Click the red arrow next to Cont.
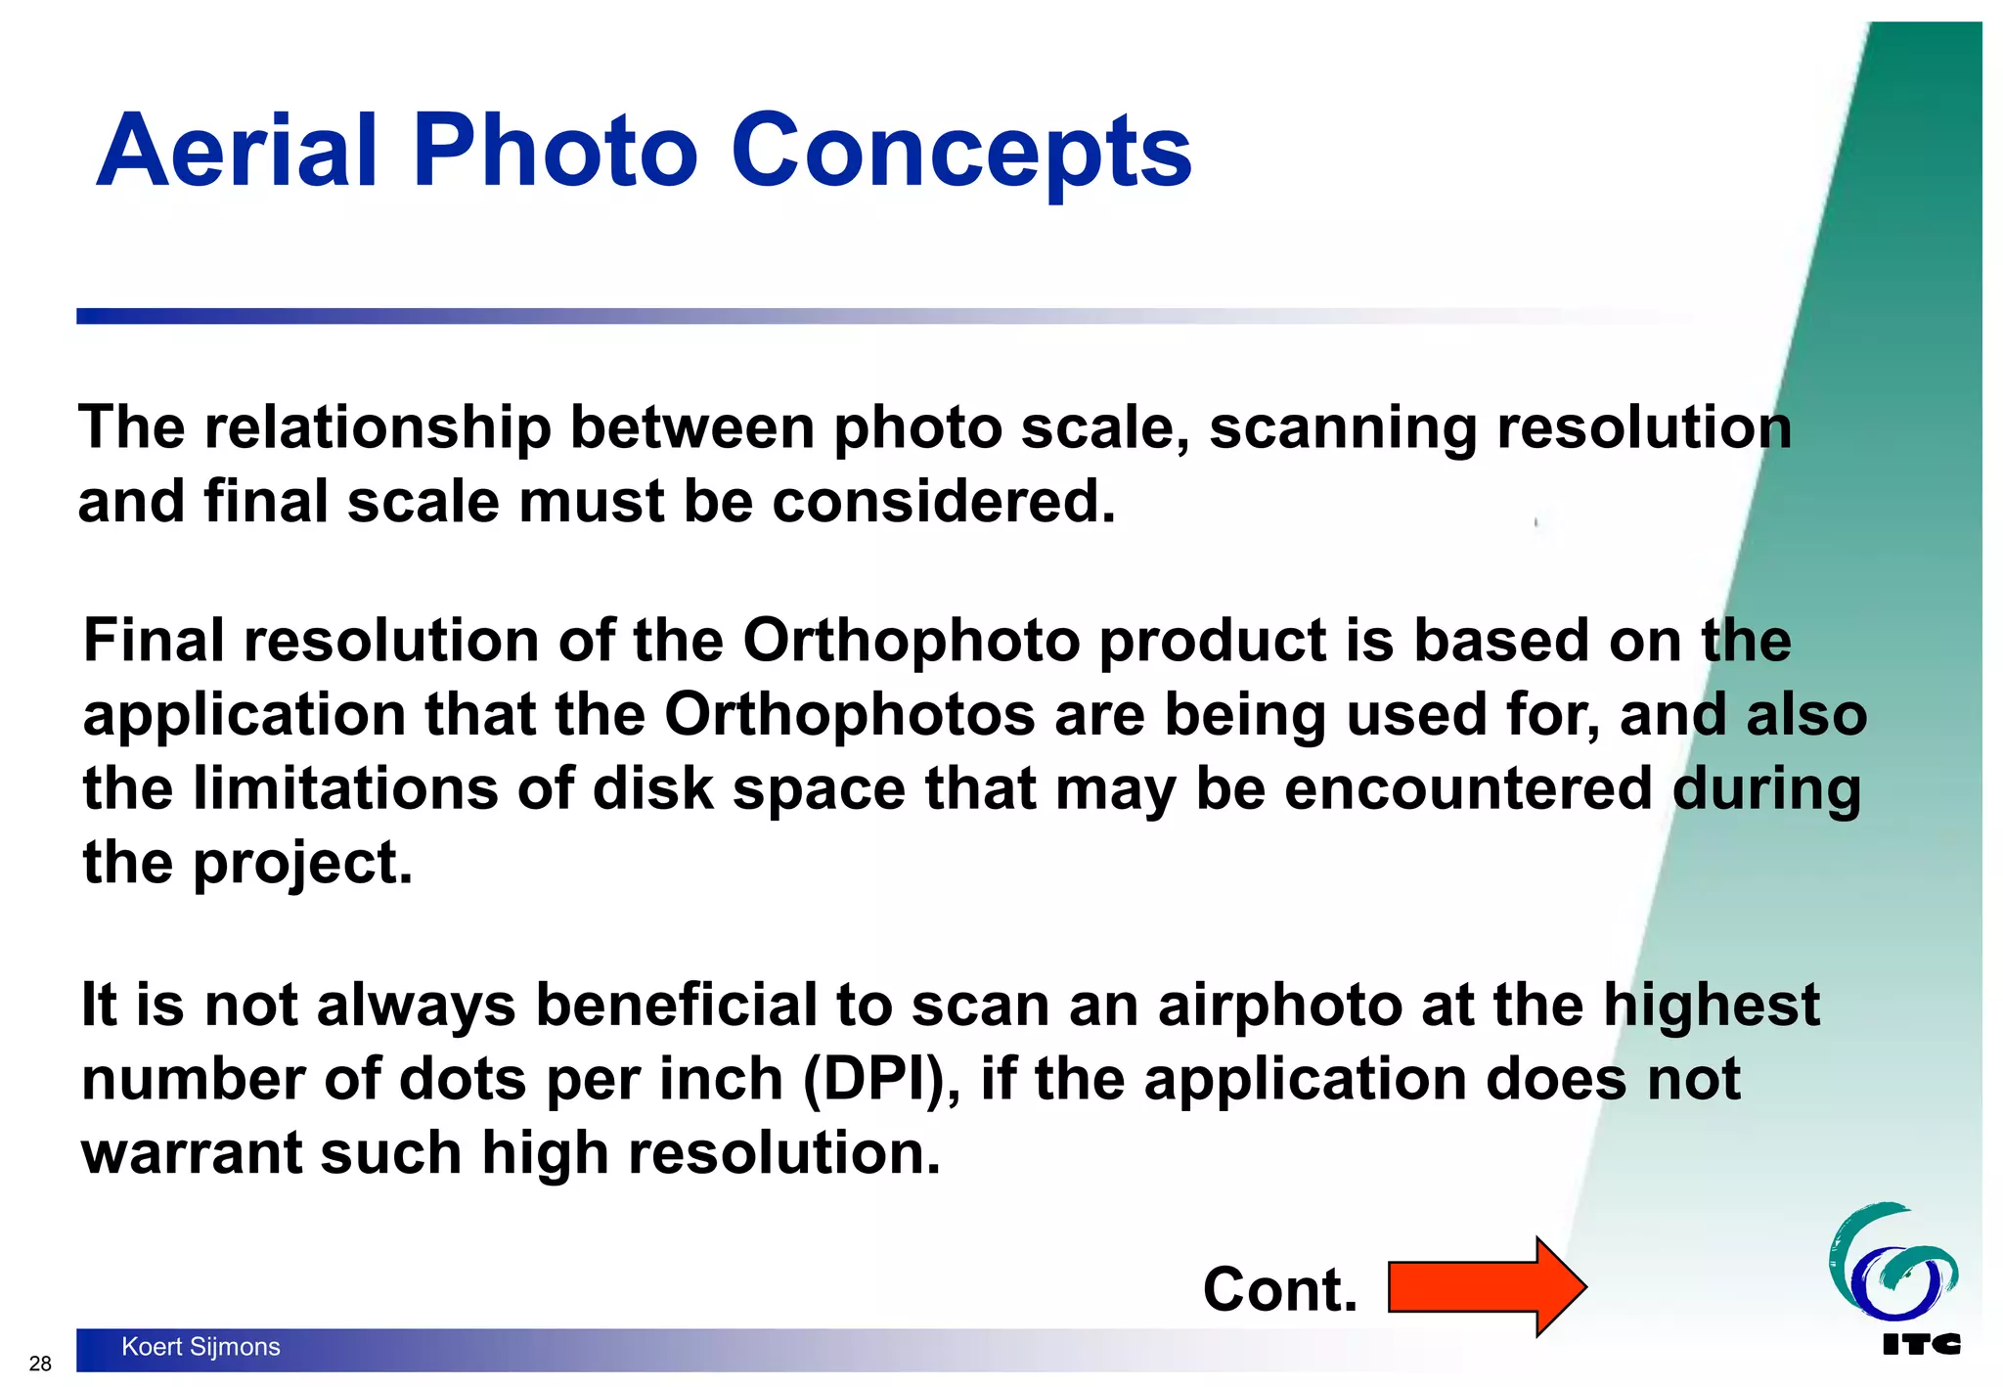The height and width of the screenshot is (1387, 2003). tap(1487, 1286)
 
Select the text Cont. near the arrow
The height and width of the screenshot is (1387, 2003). tap(1279, 1289)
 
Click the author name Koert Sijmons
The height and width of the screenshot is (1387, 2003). tap(200, 1347)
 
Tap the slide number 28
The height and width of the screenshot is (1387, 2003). tap(40, 1364)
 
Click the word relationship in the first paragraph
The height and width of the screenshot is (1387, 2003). tap(378, 428)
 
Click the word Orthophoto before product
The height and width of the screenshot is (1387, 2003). tap(911, 642)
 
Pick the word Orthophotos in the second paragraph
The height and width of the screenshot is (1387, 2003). tap(849, 715)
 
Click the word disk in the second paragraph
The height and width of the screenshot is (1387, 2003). tap(653, 788)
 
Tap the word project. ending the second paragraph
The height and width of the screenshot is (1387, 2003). tap(302, 863)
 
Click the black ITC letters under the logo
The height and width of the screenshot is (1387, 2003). tap(1921, 1345)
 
